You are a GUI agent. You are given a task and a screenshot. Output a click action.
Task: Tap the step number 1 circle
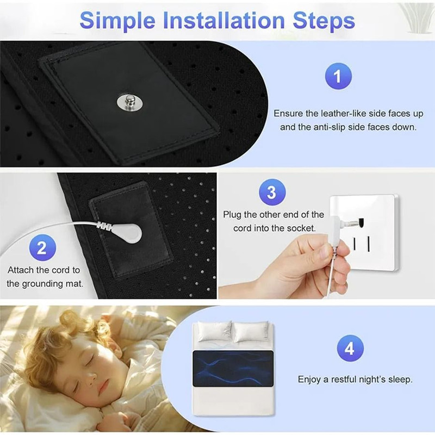pos(338,76)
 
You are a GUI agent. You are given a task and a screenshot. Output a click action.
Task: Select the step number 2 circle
pos(42,249)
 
